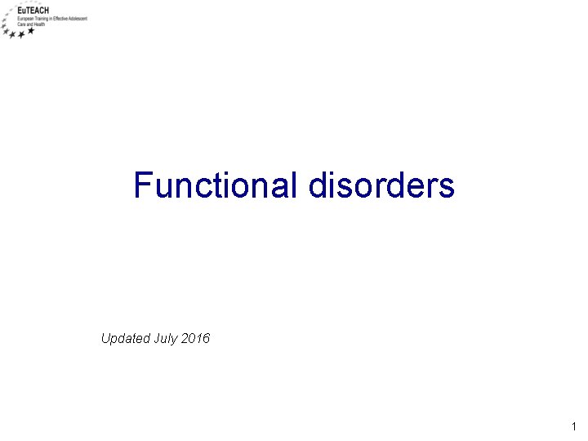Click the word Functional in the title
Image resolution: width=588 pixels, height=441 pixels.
(216, 185)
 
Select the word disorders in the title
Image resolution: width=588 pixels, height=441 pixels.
(381, 185)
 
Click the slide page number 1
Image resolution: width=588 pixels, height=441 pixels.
(574, 426)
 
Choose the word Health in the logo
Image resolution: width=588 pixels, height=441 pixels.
(38, 24)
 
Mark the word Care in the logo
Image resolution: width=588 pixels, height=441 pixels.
(20, 24)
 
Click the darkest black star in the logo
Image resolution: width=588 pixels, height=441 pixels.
(31, 32)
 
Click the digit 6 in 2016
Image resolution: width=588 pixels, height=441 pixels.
(206, 337)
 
